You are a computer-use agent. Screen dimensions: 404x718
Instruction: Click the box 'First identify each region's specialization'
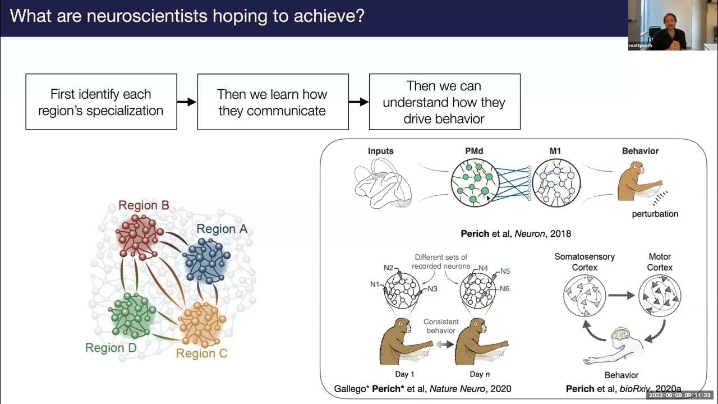coord(101,102)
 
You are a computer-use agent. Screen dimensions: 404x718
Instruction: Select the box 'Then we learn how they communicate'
coord(273,102)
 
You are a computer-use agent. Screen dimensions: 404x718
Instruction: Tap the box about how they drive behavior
coord(444,102)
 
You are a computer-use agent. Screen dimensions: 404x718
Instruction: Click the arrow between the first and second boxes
coord(187,102)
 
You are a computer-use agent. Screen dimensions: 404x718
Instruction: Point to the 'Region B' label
coord(144,205)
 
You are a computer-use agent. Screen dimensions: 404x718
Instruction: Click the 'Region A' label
coord(222,229)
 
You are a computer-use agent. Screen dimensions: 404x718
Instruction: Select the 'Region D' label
coord(111,348)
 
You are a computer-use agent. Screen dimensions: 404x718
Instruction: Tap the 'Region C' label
coord(201,353)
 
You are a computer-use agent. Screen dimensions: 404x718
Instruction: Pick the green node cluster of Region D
coord(132,314)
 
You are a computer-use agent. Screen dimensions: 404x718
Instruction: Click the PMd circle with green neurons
coord(475,182)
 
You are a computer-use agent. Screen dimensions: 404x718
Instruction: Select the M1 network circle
coord(556,182)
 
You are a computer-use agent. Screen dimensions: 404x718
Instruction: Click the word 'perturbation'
coord(655,214)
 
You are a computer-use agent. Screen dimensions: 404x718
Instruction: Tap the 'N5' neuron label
coord(505,271)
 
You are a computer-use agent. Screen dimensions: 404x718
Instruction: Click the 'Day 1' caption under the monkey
coord(401,374)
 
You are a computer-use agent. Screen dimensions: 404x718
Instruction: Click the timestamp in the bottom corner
coord(681,395)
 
